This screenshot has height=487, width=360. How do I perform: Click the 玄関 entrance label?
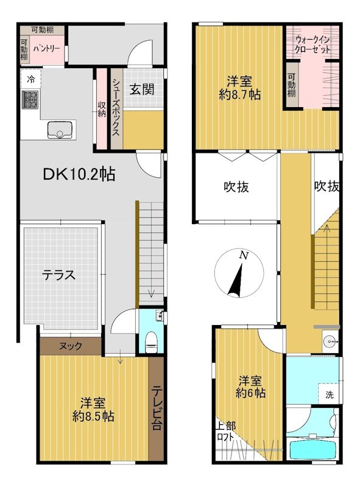click(142, 89)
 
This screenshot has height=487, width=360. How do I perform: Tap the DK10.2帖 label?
click(79, 174)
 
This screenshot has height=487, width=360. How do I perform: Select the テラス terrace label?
click(58, 275)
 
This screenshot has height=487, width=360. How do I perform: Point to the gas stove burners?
click(30, 99)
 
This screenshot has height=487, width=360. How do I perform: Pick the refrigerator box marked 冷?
click(30, 79)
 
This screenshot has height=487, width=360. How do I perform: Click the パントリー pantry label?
click(46, 49)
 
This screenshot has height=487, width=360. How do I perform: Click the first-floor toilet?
click(152, 341)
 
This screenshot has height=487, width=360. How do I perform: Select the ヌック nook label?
click(71, 346)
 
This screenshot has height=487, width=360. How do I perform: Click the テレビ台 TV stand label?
click(157, 407)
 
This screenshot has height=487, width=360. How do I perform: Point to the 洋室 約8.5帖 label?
click(93, 409)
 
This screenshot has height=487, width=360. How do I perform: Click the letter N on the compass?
click(244, 255)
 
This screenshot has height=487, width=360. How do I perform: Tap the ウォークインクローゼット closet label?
click(312, 44)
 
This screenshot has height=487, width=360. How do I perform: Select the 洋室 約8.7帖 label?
click(239, 88)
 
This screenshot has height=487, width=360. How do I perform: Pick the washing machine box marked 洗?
click(329, 394)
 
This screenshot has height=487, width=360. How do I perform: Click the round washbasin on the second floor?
click(330, 342)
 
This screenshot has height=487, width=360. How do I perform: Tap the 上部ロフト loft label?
click(226, 432)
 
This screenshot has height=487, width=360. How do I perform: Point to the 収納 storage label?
click(102, 109)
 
